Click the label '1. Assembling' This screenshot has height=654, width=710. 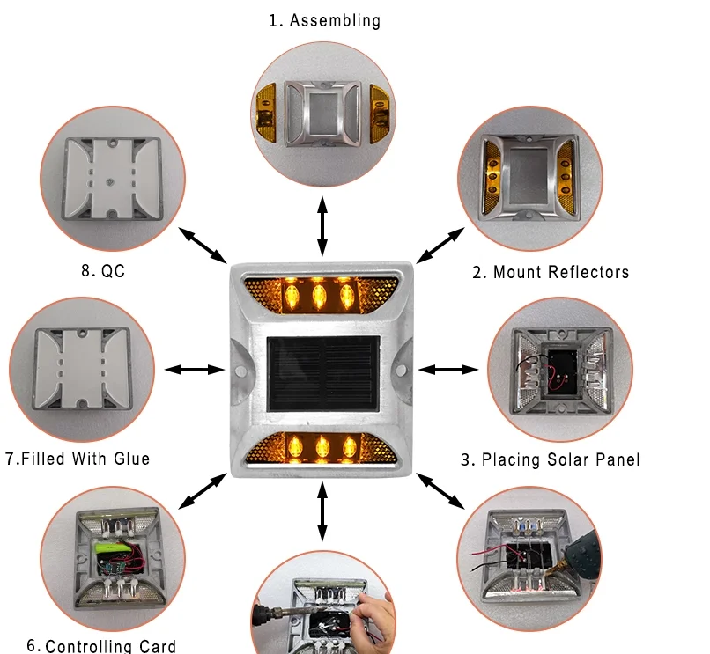325,21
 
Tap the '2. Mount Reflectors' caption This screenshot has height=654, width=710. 551,272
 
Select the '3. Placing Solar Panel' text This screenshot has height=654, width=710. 551,459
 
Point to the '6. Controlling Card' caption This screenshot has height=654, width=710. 101,646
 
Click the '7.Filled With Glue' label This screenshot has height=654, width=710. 78,459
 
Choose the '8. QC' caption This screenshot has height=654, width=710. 103,270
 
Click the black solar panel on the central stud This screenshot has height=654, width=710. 323,374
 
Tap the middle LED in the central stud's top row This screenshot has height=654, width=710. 319,296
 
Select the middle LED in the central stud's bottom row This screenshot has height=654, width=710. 322,448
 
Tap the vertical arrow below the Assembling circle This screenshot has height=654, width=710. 322,226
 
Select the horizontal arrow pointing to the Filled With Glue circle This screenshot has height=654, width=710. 195,370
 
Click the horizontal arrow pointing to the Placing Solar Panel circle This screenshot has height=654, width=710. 448,370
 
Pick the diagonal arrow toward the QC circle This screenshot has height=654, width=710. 203,246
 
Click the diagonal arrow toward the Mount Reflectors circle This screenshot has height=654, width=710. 440,246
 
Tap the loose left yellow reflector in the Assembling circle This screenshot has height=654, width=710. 266,111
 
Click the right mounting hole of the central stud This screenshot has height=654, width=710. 401,371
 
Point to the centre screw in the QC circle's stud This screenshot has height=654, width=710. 110,182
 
